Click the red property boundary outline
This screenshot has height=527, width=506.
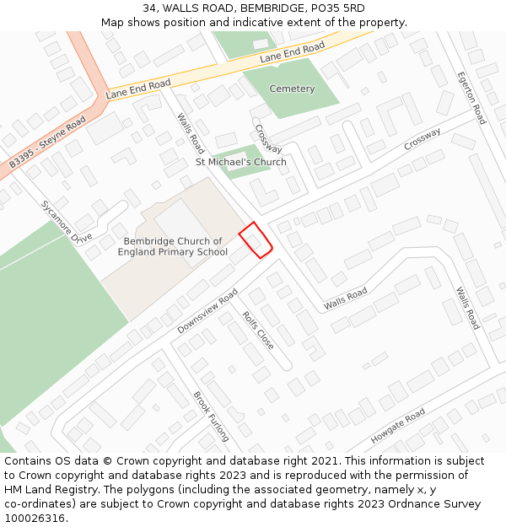[256, 239]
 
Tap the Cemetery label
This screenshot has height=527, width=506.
[292, 89]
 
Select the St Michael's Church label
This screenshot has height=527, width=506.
[241, 162]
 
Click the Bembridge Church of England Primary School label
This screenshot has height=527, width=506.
[172, 246]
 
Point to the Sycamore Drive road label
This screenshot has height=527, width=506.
[66, 221]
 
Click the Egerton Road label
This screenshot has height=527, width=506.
[471, 97]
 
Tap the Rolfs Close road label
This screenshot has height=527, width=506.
[258, 331]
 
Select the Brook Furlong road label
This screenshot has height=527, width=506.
[211, 417]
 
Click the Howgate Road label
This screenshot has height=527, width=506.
[398, 427]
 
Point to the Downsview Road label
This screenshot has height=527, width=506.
[207, 311]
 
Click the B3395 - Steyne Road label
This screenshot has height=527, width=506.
[48, 143]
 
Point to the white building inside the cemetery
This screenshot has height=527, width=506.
[261, 43]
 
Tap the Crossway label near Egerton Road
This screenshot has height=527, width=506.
[422, 139]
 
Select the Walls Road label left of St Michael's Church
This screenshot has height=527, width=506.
[190, 132]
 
